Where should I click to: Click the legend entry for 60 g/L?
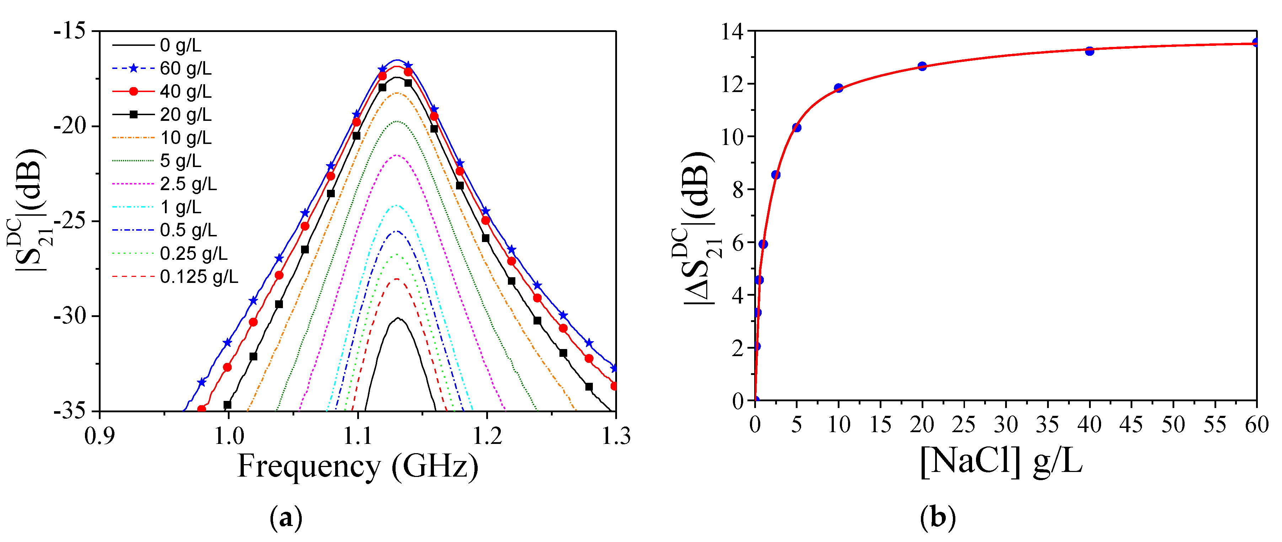[186, 69]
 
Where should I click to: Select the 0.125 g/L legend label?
[199, 277]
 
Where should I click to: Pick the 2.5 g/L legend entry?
[188, 184]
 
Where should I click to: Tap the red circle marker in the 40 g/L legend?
[133, 92]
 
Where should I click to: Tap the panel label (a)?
[286, 519]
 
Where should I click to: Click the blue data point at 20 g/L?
[922, 66]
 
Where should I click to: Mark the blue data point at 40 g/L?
[1089, 51]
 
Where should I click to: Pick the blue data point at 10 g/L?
[838, 88]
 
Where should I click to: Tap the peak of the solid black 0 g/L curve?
[398, 318]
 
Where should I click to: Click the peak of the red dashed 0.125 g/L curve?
[397, 279]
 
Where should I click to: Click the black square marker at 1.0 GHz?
[227, 404]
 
